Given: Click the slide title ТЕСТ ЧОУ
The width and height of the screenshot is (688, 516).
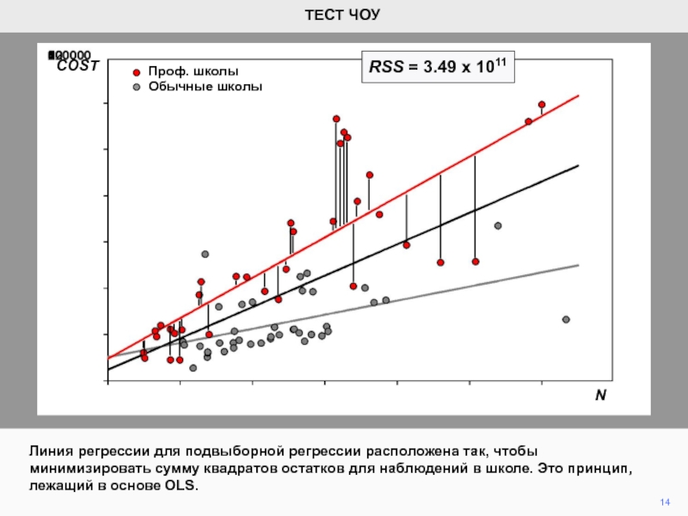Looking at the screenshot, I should pos(343,15).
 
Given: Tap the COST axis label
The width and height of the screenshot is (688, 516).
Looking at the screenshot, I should pos(78,65).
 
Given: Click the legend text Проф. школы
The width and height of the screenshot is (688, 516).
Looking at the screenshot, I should pos(193,71).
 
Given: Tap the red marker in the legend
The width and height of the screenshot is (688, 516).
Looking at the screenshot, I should pos(136,72).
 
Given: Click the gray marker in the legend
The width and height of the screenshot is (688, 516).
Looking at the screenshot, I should pos(136,87).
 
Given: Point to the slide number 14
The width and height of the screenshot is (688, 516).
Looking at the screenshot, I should pos(664,501).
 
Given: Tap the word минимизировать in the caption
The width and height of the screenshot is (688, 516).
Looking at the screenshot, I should pos(89,469).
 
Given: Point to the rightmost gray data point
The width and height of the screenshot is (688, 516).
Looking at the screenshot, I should pos(566,319).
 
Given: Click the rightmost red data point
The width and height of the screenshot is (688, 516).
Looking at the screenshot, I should pos(542,105).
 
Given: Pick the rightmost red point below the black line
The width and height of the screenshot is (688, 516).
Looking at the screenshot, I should pos(476,261).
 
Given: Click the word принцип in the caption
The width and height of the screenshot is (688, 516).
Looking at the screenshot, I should pos(606,469).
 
